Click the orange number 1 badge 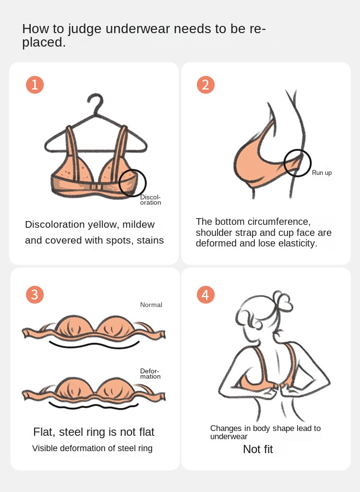pyautogui.click(x=35, y=85)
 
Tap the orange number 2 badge pyautogui.click(x=205, y=85)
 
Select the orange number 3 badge pyautogui.click(x=35, y=295)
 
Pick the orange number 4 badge pyautogui.click(x=205, y=295)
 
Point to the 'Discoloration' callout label pyautogui.click(x=151, y=200)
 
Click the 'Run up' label pyautogui.click(x=322, y=172)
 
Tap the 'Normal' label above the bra pyautogui.click(x=151, y=305)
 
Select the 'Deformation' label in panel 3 pyautogui.click(x=150, y=374)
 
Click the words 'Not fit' pyautogui.click(x=258, y=449)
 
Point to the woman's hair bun pyautogui.click(x=282, y=300)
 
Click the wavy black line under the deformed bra pyautogui.click(x=94, y=406)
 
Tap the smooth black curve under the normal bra pyautogui.click(x=94, y=345)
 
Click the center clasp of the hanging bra pyautogui.click(x=96, y=187)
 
